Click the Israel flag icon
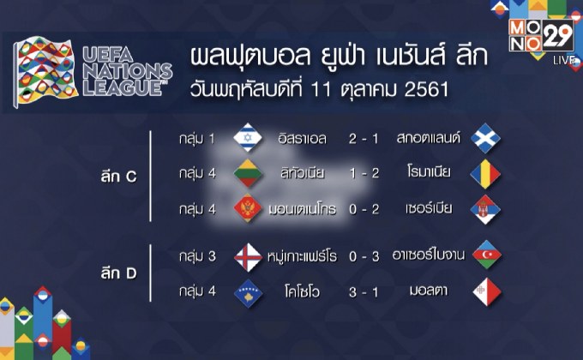click(x=249, y=138)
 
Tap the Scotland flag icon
click(x=485, y=138)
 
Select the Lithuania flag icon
click(x=249, y=174)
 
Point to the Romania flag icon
click(x=485, y=174)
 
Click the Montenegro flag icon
click(x=249, y=209)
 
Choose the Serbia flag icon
click(x=485, y=209)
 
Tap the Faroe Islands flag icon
click(x=249, y=255)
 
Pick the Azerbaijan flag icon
click(x=485, y=255)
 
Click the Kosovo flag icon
click(x=249, y=291)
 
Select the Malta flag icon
click(x=485, y=291)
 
